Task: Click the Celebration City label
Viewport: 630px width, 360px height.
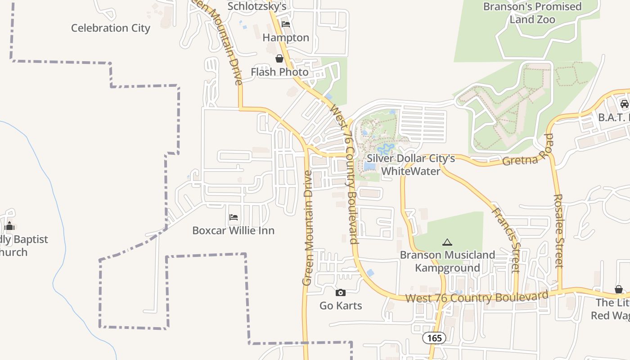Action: (x=110, y=28)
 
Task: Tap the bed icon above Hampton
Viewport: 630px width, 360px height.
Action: (x=286, y=24)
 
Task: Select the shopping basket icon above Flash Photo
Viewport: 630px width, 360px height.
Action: (x=279, y=58)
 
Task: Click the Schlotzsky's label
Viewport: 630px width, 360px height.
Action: (x=256, y=6)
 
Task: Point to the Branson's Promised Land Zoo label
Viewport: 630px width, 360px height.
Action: (x=532, y=13)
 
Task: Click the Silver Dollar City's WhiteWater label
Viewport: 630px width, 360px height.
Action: (x=410, y=165)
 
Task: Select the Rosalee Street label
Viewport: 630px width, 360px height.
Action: (x=558, y=231)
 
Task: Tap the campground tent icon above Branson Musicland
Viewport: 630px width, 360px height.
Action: (x=447, y=243)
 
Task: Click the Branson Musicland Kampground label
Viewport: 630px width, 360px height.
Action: (x=447, y=261)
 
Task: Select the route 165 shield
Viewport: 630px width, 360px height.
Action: (x=434, y=338)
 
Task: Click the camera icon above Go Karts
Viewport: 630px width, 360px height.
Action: (x=340, y=293)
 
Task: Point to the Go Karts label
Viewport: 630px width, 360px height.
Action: (x=341, y=306)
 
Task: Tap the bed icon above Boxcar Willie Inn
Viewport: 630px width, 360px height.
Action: (x=233, y=217)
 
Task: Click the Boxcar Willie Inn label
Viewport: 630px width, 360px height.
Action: (x=233, y=230)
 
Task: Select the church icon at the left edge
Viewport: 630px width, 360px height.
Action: (x=9, y=226)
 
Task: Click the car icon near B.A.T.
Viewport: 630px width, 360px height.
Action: (x=624, y=104)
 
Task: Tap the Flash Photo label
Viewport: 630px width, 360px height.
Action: (x=279, y=72)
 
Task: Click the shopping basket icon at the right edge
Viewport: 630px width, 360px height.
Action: (x=619, y=289)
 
